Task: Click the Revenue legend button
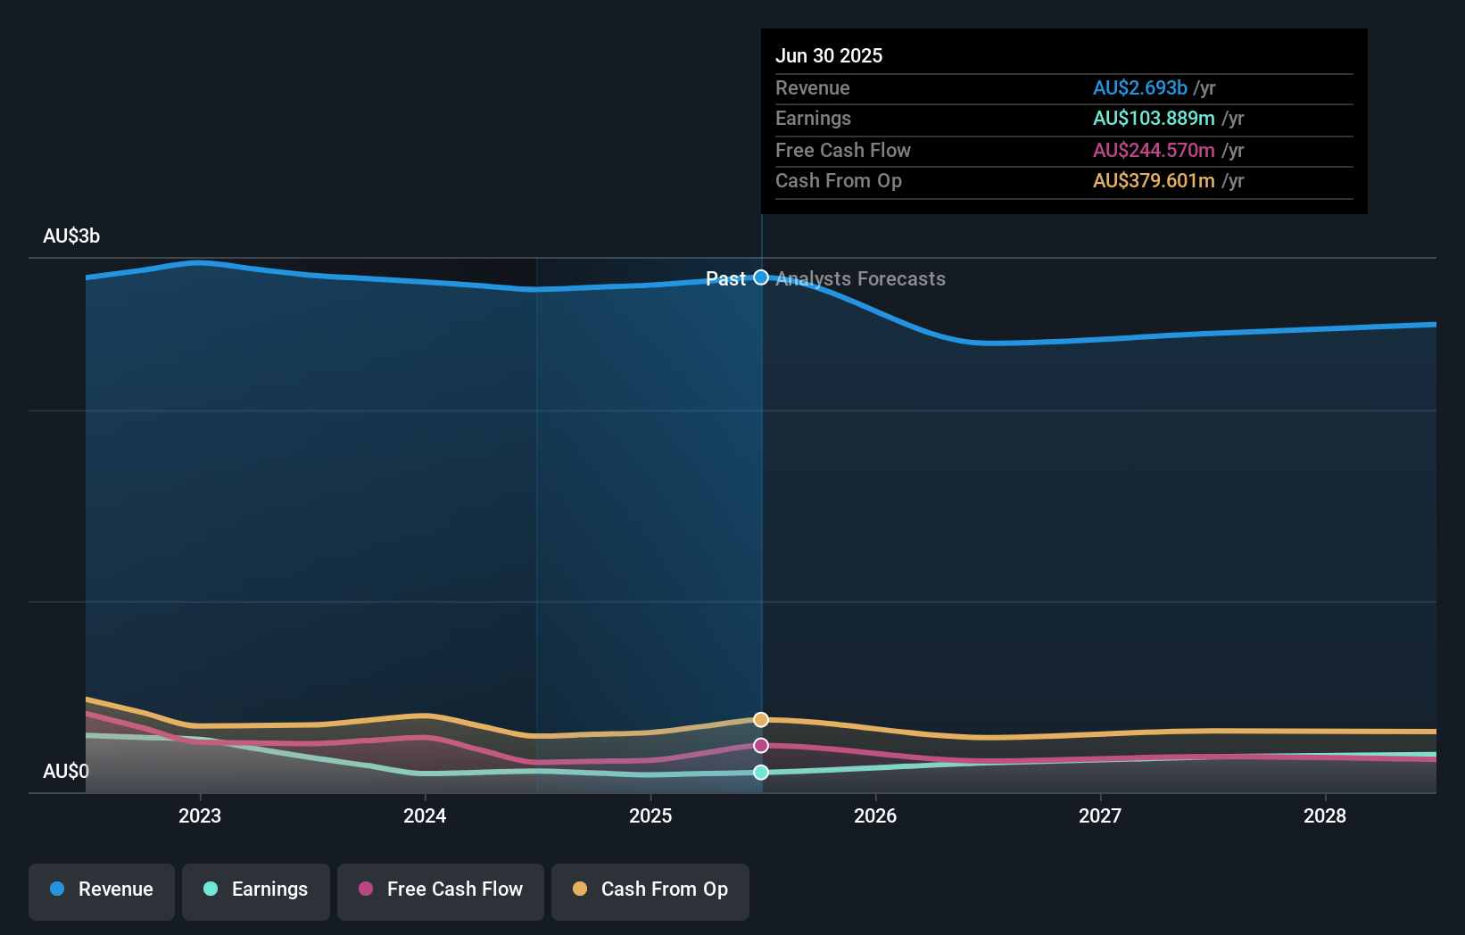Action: click(102, 889)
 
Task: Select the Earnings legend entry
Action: click(256, 889)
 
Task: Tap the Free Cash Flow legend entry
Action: click(441, 889)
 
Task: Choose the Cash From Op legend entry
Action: click(650, 889)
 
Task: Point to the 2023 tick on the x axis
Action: click(200, 815)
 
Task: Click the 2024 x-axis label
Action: click(425, 815)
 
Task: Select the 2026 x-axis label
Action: click(875, 815)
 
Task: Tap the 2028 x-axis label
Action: click(1325, 815)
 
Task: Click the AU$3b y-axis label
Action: click(71, 236)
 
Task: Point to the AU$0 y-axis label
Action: click(66, 771)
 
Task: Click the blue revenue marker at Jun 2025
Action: click(761, 277)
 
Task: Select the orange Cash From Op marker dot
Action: click(761, 720)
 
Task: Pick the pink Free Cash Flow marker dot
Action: click(761, 746)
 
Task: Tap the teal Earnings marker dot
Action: click(761, 773)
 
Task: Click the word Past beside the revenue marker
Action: click(725, 279)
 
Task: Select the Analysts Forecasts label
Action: click(860, 279)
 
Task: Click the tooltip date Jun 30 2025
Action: click(829, 55)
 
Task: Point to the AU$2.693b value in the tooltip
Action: click(1139, 87)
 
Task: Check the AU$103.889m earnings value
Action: click(1154, 119)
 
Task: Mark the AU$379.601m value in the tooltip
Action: click(1154, 181)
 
